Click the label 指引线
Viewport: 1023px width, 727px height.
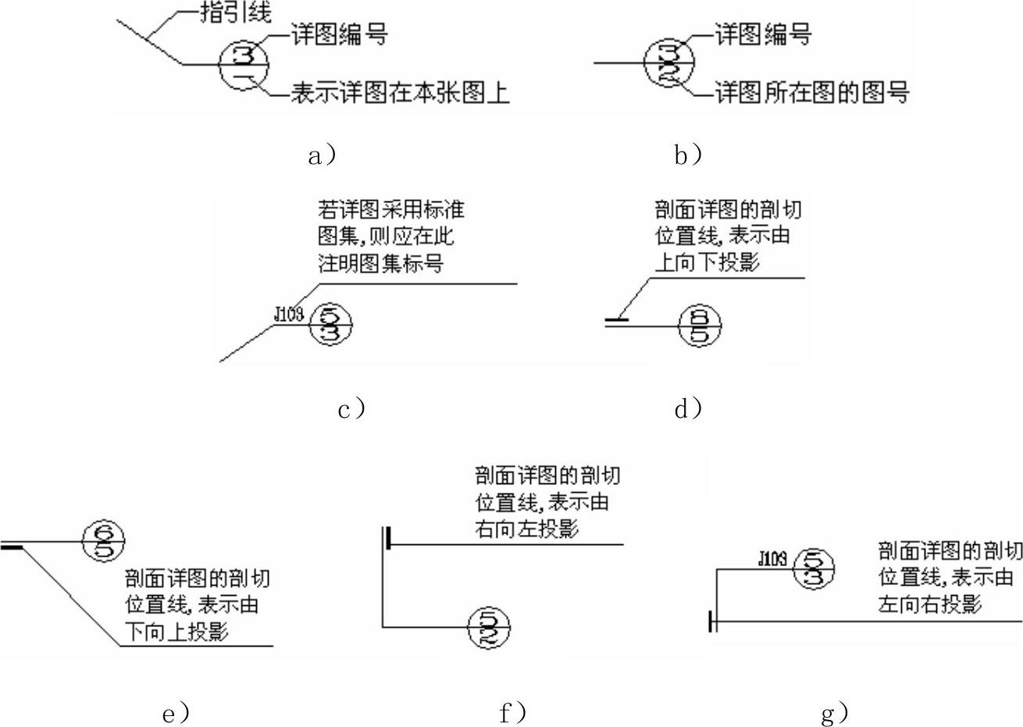click(237, 12)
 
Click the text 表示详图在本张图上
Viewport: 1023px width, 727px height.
click(400, 93)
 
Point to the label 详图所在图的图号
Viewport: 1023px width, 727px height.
click(812, 93)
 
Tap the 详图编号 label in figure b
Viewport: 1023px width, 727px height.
click(763, 34)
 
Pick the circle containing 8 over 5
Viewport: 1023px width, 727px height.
click(700, 326)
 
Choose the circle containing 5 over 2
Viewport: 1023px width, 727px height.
click(488, 626)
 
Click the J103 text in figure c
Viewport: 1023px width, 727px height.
click(289, 314)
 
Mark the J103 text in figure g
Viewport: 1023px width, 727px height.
click(773, 558)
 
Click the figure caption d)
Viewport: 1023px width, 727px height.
click(688, 408)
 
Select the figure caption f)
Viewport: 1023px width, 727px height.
click(512, 712)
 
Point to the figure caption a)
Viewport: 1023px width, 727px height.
click(322, 155)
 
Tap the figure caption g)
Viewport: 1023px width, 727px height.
click(835, 712)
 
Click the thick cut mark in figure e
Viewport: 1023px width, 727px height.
click(12, 548)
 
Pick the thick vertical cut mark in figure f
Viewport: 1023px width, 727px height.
click(387, 538)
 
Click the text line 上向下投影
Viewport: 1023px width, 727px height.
click(707, 262)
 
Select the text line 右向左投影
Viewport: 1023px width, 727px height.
click(526, 529)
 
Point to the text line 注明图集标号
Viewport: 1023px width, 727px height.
click(380, 263)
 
